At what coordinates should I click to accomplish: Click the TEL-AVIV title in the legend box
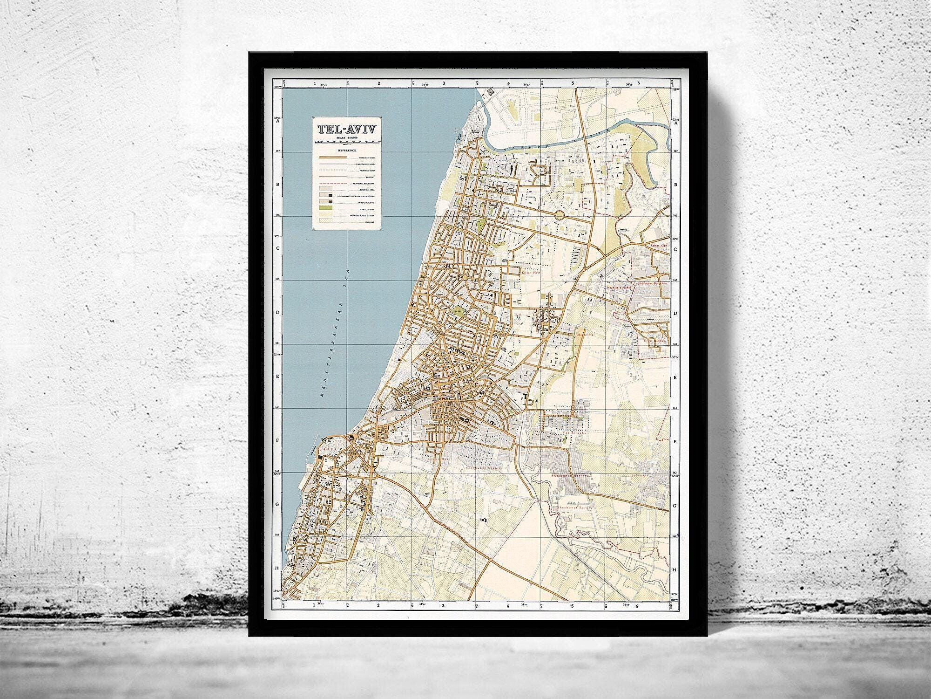click(x=347, y=130)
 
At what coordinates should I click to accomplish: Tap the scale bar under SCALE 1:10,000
click(x=347, y=143)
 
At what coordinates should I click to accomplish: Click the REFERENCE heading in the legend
click(x=347, y=151)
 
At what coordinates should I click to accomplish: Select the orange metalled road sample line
click(x=333, y=158)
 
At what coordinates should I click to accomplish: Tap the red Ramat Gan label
click(x=658, y=245)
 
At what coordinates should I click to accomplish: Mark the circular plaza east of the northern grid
click(x=560, y=215)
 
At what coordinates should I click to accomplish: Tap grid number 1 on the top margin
click(x=315, y=84)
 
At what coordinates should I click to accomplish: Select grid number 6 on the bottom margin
click(x=639, y=606)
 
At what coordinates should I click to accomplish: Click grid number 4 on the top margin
click(x=509, y=84)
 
